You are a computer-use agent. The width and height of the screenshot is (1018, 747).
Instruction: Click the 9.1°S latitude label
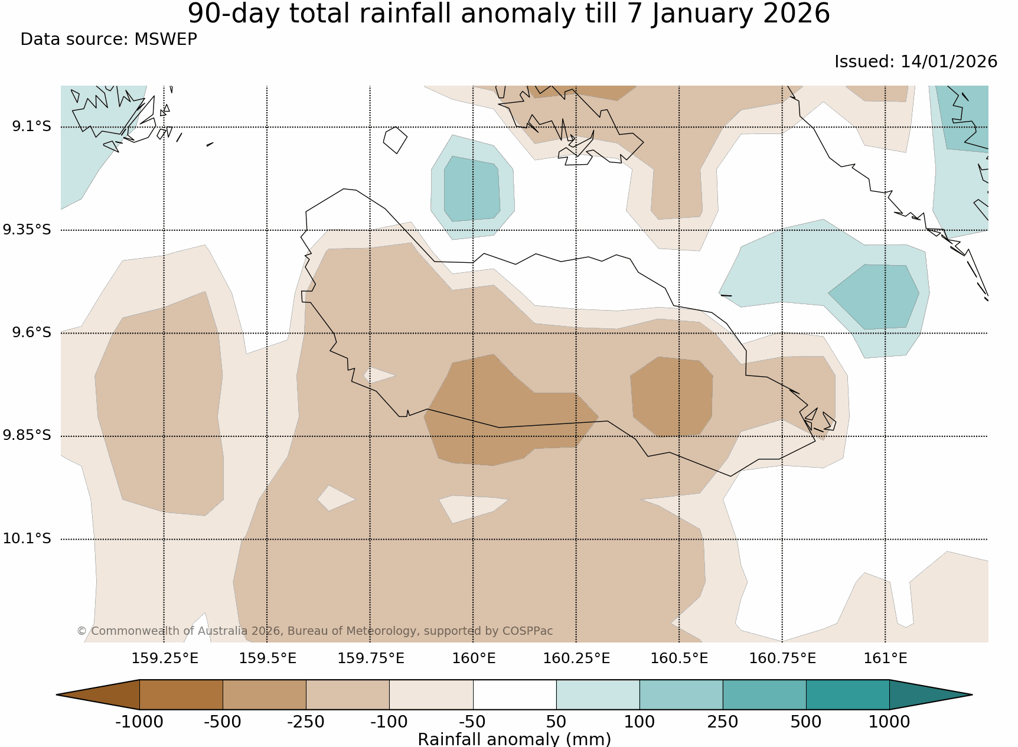(x=31, y=126)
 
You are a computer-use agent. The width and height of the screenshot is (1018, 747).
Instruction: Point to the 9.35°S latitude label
(x=27, y=230)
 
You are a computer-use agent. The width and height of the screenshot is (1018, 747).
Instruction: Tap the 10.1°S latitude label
(x=27, y=539)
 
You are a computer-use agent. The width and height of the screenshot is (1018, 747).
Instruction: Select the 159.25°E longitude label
(x=165, y=658)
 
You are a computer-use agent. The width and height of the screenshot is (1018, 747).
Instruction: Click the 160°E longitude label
(x=474, y=658)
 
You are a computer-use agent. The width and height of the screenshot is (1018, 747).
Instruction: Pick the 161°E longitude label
(x=885, y=658)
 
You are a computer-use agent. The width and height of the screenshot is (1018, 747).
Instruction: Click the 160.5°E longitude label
(x=679, y=658)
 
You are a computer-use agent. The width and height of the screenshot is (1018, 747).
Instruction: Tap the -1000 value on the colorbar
(x=139, y=722)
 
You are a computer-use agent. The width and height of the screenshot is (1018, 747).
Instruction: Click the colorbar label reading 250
(x=723, y=722)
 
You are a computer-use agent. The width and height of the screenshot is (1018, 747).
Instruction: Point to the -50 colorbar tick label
(x=472, y=722)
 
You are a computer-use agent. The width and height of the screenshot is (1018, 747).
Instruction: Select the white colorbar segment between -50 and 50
(x=514, y=694)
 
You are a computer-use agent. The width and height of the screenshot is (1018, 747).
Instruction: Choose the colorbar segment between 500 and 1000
(x=847, y=694)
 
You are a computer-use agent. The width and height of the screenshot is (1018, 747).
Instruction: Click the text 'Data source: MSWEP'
(x=109, y=40)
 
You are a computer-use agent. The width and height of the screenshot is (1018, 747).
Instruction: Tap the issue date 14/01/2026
(x=948, y=62)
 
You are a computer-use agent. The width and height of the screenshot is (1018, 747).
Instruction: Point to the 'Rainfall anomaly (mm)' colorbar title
(x=514, y=739)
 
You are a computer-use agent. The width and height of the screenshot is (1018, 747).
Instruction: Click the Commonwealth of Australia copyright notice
(x=315, y=631)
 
